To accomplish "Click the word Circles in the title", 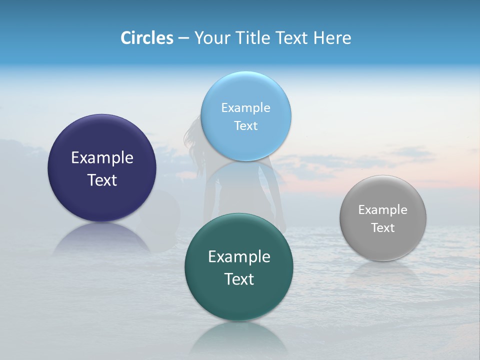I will (x=147, y=38).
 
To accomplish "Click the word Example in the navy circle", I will (x=102, y=158).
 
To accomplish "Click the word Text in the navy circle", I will (x=102, y=180).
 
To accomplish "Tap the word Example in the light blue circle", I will (x=246, y=108).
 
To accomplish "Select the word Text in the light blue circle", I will (x=246, y=126).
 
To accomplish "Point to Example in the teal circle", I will (x=239, y=257).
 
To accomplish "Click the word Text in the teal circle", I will (x=239, y=279).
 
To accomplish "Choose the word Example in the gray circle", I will (x=383, y=210).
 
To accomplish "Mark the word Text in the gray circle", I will (x=383, y=228).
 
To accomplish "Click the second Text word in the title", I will (x=293, y=38).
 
